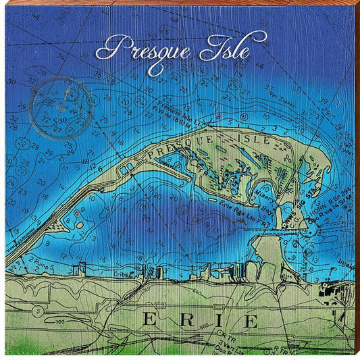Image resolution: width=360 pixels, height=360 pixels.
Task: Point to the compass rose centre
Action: click(x=61, y=104)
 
